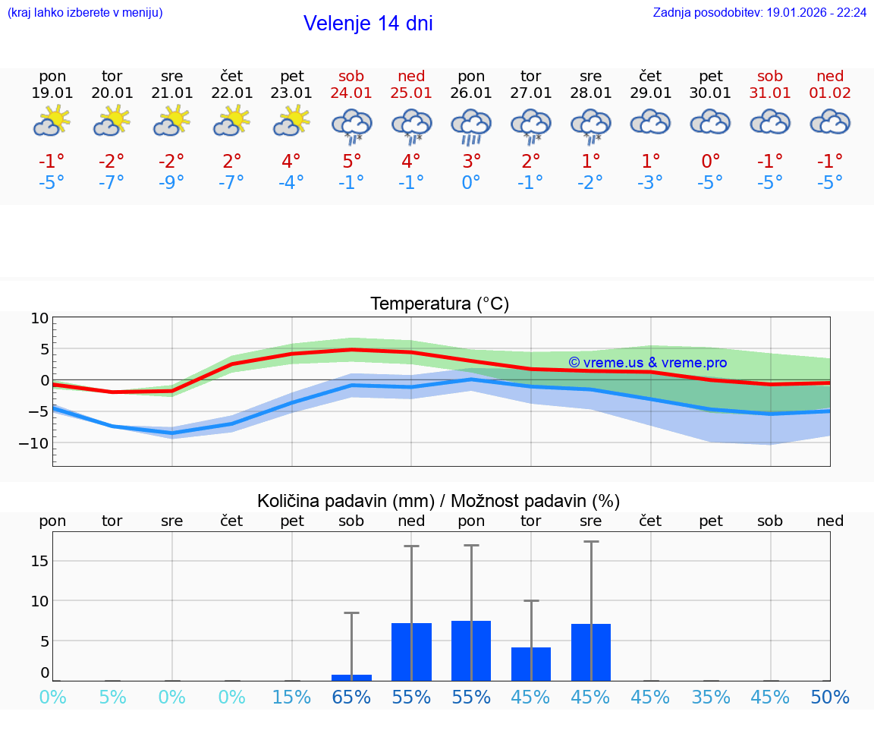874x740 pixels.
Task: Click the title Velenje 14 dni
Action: (368, 24)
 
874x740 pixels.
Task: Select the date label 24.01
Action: (351, 93)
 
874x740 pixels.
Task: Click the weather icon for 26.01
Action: (471, 125)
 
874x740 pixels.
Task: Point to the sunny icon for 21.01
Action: (172, 121)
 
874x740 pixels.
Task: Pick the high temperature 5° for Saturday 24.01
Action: (351, 161)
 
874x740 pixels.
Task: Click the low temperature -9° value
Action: (172, 183)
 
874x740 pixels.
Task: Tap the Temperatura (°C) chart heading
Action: (439, 304)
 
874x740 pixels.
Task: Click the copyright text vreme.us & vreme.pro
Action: (648, 363)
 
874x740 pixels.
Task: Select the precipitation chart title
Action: (439, 501)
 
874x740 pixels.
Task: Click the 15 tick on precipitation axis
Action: (39, 561)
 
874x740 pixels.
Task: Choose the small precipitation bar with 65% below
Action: (351, 677)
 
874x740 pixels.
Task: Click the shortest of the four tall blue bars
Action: (531, 664)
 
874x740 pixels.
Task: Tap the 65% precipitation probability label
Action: (351, 697)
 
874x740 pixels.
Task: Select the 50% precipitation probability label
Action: (830, 697)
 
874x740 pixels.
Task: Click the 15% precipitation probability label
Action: (291, 697)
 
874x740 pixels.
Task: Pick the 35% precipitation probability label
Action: (711, 697)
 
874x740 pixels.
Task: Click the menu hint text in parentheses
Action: (85, 12)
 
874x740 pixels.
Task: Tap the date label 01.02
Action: (830, 93)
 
